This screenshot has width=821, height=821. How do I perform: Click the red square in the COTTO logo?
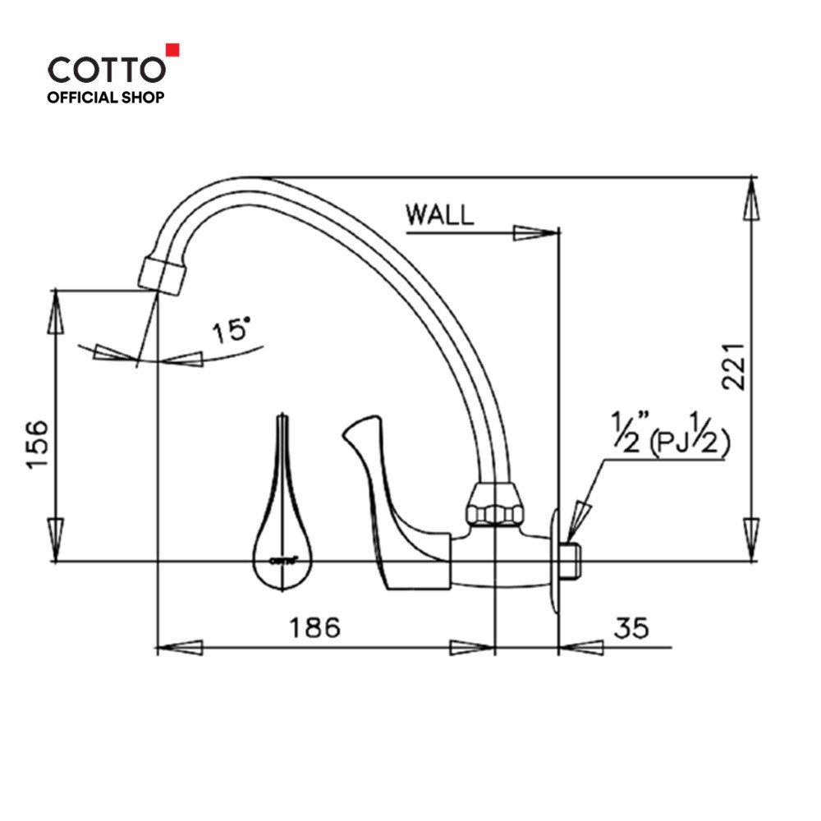(172, 50)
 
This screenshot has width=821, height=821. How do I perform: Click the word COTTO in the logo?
(107, 70)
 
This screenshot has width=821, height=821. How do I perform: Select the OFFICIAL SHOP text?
(106, 98)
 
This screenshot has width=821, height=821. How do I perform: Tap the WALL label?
(440, 214)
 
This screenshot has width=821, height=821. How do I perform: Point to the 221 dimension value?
(733, 366)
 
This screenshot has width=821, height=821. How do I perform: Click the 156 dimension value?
(38, 444)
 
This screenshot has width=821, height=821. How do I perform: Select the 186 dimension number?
(314, 627)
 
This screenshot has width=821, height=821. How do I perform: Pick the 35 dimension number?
(631, 627)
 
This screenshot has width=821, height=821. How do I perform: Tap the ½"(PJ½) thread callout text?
(672, 433)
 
